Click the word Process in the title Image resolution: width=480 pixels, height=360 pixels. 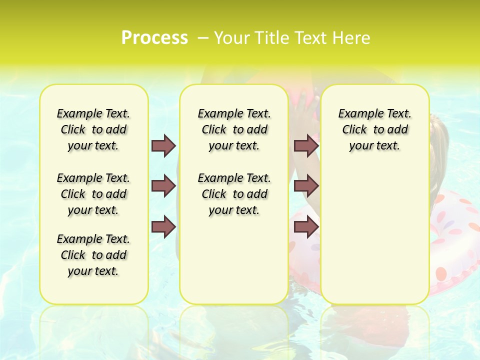[x=154, y=37]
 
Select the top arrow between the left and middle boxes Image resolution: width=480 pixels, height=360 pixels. [x=163, y=145]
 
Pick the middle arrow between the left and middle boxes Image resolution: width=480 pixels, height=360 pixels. [x=163, y=186]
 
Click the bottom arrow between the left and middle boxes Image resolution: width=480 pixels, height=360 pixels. [x=163, y=227]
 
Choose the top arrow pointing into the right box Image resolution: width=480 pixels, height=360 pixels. [x=306, y=145]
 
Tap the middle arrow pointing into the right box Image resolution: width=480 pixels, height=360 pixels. [x=306, y=186]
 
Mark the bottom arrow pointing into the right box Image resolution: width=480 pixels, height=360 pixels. [x=306, y=227]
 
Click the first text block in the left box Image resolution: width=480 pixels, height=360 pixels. [x=93, y=129]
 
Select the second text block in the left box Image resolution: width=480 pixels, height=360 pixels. [x=93, y=194]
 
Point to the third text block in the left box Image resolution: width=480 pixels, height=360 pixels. [x=93, y=255]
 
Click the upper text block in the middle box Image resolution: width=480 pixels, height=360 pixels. [x=234, y=129]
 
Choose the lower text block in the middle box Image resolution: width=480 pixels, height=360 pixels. [x=234, y=194]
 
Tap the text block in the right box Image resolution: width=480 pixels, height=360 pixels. [x=374, y=129]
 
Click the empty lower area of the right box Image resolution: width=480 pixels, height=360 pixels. [x=374, y=235]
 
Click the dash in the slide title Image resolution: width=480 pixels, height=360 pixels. [x=203, y=37]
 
